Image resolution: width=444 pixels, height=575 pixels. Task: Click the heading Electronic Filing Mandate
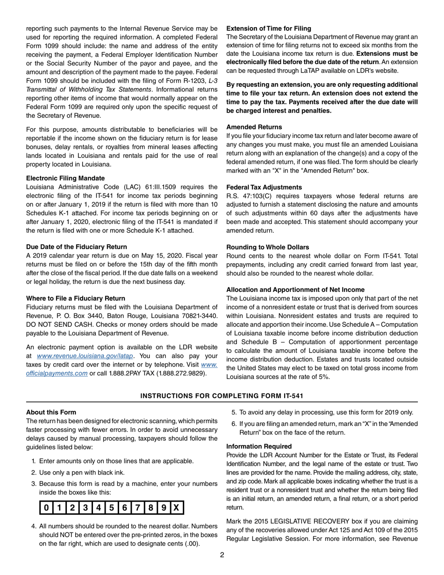65,178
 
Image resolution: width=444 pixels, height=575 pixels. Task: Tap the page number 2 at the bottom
222,555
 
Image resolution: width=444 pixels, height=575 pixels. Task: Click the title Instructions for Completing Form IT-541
222,396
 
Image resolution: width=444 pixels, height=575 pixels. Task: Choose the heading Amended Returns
254,127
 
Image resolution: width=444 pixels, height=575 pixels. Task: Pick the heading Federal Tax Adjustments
264,187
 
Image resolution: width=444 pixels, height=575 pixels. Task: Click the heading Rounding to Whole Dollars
267,247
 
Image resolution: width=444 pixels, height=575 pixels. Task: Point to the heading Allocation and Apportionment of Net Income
295,289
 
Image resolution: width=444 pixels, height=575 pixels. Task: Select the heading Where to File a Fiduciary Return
76,298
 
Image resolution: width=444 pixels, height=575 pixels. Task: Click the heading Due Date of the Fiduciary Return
76,247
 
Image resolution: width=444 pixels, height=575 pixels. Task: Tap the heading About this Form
51,412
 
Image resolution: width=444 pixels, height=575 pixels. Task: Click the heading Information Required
259,446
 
